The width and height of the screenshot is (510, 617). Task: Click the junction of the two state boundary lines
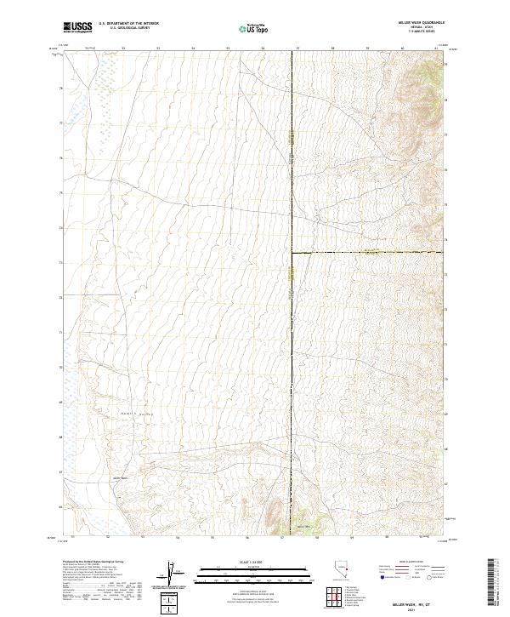[x=292, y=252]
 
